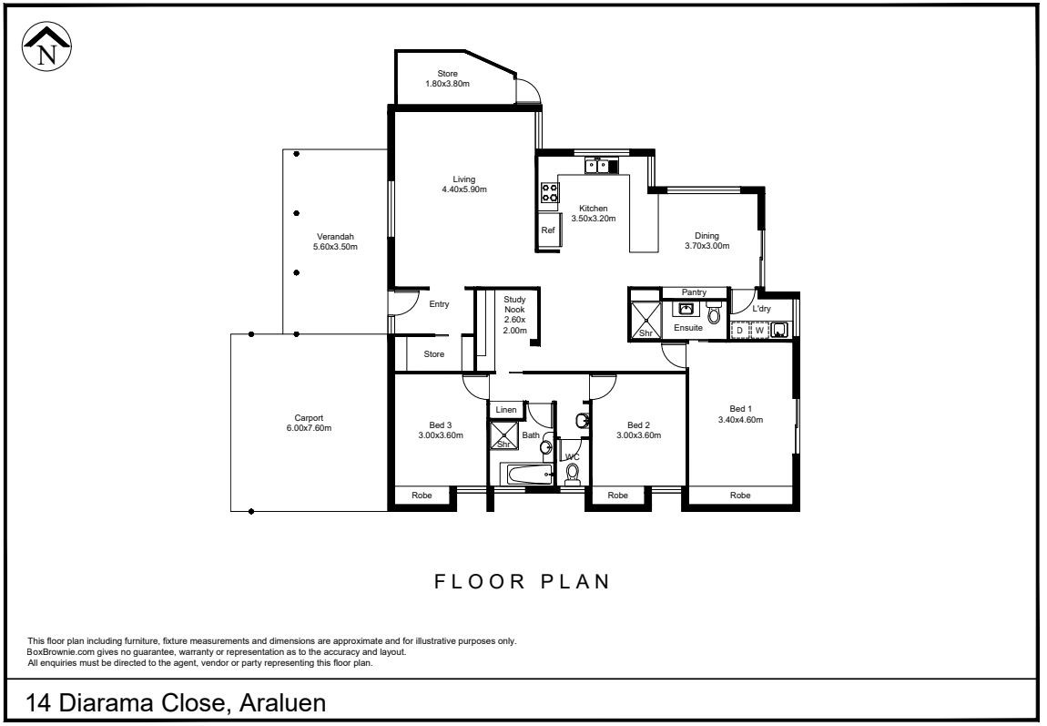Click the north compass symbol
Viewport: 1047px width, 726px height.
(46, 46)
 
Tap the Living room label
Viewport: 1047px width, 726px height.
(464, 184)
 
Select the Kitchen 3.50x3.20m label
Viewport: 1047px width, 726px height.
(593, 213)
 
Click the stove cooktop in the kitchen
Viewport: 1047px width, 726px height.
(550, 193)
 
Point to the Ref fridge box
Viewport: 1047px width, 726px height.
(548, 230)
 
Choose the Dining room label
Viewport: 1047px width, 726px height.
(706, 240)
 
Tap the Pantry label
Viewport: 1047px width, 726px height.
(694, 292)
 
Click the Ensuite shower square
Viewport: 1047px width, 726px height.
(645, 322)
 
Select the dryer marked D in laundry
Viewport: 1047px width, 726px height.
(739, 330)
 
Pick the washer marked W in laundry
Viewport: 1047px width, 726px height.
(759, 330)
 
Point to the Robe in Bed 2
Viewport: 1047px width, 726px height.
(617, 495)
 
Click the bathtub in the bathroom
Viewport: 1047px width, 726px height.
(530, 475)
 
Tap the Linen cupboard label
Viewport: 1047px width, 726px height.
(506, 409)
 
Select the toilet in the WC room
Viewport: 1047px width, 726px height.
(573, 474)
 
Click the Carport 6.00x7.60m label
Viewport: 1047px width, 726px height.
(309, 423)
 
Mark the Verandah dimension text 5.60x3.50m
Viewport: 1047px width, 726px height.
(335, 247)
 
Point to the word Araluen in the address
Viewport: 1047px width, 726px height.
(282, 702)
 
